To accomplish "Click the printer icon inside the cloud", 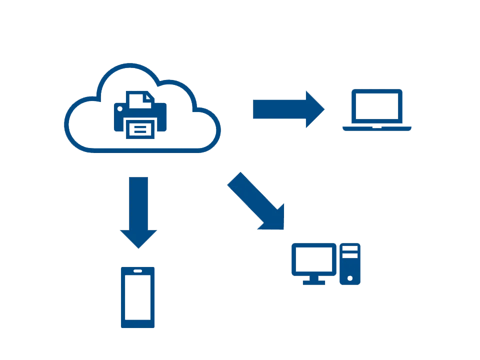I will [140, 115].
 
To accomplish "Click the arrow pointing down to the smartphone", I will [138, 210].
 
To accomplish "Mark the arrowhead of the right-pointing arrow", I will [315, 109].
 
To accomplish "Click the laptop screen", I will [376, 106].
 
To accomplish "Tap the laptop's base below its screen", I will [376, 128].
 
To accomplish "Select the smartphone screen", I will [137, 297].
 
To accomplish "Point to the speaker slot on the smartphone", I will [137, 271].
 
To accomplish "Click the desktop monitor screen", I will [313, 259].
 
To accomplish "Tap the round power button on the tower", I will [350, 278].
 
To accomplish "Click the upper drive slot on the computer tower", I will [350, 248].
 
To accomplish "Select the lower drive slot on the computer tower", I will [350, 255].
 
